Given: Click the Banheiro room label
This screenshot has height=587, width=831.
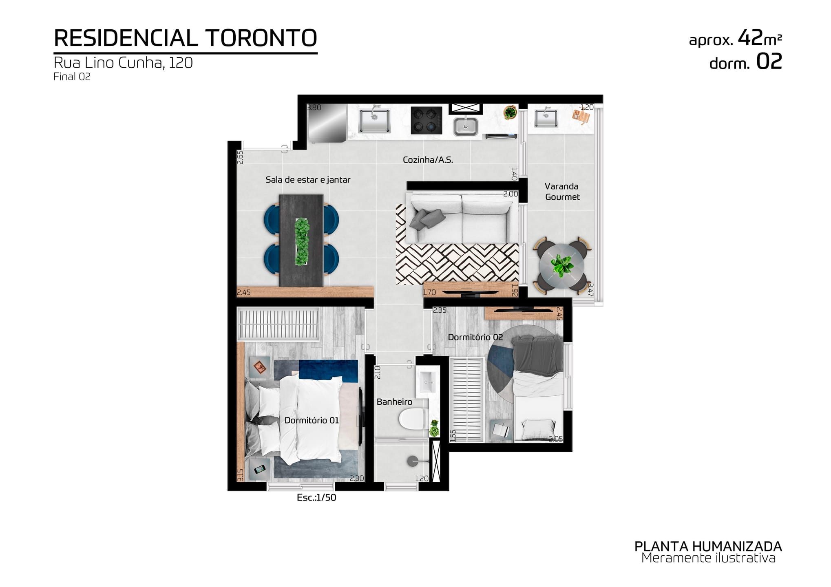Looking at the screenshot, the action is click(x=394, y=402).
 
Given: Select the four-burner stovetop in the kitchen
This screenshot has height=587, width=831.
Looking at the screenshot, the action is click(x=427, y=120).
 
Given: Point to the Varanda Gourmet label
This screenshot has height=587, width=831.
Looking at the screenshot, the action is click(x=562, y=192).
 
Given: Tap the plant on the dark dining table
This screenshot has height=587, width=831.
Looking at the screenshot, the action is click(x=302, y=241).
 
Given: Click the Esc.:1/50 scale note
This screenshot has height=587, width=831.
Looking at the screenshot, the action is click(x=316, y=498).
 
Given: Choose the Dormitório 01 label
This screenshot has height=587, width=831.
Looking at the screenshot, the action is click(x=312, y=420).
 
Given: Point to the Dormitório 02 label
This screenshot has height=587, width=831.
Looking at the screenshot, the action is click(x=475, y=337).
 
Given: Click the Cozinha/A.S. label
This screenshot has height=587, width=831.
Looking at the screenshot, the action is click(x=428, y=160).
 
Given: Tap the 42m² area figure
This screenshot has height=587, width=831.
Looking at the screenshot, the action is click(x=760, y=38).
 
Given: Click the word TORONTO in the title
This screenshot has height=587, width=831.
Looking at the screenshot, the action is click(x=262, y=38).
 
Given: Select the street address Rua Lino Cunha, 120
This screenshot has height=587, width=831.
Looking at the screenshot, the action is click(x=123, y=63).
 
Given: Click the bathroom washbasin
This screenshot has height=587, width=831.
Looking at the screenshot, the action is click(x=427, y=383).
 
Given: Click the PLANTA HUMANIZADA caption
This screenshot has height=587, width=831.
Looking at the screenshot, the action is click(x=708, y=546).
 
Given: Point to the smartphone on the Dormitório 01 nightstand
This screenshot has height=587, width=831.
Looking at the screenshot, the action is click(x=260, y=470).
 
